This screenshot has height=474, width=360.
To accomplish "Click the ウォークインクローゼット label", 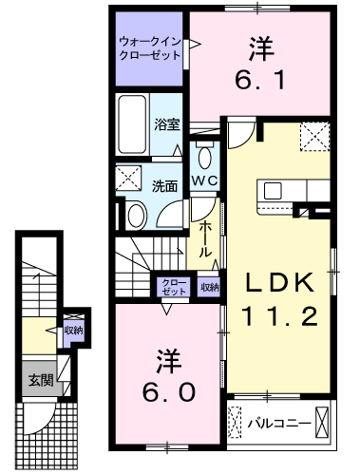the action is pos(150,48).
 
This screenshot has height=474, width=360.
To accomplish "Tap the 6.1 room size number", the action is pos(260,80).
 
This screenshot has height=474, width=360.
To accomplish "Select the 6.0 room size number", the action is pos(168,392).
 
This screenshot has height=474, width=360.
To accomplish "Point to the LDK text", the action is pos(280,283).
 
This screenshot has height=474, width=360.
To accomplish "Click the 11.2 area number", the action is pos(280,316).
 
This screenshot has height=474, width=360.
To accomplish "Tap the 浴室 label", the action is pos(167,124).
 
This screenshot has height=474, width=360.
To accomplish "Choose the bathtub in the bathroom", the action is pos(132,124).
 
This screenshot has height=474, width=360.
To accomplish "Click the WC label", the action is pos(205,181).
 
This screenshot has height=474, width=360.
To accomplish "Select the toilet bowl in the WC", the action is pos(205,156).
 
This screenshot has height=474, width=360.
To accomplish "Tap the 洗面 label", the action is pos(164,186).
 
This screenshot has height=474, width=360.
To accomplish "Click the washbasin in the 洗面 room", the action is pos(136,216).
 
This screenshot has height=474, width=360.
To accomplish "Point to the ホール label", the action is pos(205,239).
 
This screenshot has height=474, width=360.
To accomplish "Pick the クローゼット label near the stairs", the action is pos(174,287).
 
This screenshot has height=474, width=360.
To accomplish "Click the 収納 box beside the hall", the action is pos(209,287).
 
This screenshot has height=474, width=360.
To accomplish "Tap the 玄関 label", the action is pos(41,380).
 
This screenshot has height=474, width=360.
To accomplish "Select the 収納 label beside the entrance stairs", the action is pos(73,331).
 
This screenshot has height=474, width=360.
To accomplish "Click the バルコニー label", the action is pos(278,423).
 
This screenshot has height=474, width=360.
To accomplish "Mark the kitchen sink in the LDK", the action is pos(273,191).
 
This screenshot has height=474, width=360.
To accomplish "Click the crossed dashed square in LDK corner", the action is pos(314,136).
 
